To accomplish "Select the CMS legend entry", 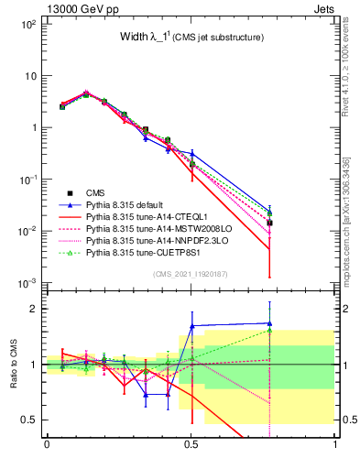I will point(96,192).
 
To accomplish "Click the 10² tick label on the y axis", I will point(28,24).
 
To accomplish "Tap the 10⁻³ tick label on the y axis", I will point(28,282).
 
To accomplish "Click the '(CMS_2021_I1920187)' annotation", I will point(191,274).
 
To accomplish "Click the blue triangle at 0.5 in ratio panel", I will point(191,326).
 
